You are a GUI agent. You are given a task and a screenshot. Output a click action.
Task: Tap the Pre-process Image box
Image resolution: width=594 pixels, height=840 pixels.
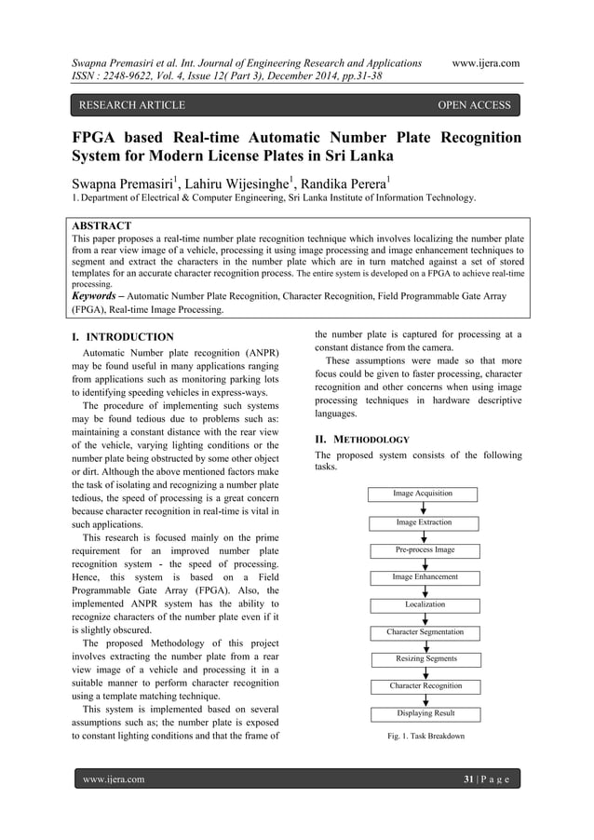[x=425, y=550]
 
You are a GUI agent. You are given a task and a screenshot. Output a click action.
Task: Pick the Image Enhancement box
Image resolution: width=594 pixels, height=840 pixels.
[x=425, y=577]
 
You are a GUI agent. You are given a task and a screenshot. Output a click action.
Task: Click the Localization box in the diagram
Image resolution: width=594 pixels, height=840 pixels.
[x=425, y=604]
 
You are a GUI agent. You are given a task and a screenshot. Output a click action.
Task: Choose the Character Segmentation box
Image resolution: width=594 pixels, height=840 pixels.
[x=425, y=632]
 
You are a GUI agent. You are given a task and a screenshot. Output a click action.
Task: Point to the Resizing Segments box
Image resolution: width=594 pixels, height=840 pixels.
[x=425, y=659]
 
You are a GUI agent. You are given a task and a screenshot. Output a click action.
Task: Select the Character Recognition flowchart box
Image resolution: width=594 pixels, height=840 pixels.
[x=425, y=686]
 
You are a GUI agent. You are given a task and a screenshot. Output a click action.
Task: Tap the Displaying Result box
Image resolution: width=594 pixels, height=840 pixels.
[x=425, y=714]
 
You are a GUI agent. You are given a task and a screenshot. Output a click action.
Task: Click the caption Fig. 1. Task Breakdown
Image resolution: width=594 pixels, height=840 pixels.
[x=425, y=736]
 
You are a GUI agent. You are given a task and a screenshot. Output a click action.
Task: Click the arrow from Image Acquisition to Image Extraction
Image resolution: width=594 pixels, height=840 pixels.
[x=425, y=508]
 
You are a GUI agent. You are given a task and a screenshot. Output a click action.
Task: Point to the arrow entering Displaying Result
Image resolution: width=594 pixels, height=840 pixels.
[x=425, y=700]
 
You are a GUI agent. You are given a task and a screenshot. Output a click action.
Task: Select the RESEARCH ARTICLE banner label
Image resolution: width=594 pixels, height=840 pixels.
[x=131, y=105]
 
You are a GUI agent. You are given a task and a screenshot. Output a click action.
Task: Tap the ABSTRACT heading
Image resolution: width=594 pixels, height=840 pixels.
[x=101, y=226]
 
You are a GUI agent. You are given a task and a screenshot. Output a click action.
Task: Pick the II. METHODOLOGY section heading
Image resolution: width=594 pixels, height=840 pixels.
[x=361, y=438]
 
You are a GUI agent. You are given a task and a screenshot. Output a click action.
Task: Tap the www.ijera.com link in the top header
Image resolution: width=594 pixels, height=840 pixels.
[x=485, y=63]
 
